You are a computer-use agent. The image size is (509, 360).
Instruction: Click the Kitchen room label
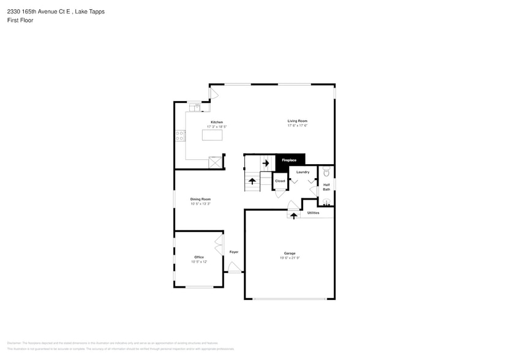[x=217, y=122]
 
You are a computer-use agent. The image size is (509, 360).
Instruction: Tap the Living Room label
[x=297, y=121]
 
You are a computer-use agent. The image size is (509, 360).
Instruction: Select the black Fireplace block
[x=290, y=160]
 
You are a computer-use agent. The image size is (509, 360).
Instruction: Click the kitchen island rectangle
[x=212, y=135]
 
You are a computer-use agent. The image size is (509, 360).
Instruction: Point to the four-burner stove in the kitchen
[x=180, y=136]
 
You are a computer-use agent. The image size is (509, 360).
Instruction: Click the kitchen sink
[x=195, y=108]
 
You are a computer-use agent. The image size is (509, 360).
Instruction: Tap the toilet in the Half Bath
[x=326, y=171]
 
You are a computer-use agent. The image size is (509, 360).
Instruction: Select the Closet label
[x=280, y=181]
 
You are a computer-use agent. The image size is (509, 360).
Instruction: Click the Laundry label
[x=303, y=172]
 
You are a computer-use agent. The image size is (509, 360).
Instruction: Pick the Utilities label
[x=313, y=213]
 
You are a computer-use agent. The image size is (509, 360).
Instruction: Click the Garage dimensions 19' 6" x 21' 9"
[x=290, y=258]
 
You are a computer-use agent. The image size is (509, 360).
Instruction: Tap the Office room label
[x=199, y=257]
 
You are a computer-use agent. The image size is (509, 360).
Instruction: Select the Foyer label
[x=234, y=252]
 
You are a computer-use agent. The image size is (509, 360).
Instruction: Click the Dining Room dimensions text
[x=200, y=203]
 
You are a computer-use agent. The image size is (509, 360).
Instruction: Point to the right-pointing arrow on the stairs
[x=266, y=163]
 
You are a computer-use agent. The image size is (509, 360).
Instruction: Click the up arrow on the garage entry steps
[x=293, y=215]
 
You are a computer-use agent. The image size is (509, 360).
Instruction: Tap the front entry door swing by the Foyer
[x=234, y=267]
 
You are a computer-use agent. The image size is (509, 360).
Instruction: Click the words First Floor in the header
[x=20, y=20]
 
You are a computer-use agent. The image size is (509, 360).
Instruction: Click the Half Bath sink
[x=326, y=202]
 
